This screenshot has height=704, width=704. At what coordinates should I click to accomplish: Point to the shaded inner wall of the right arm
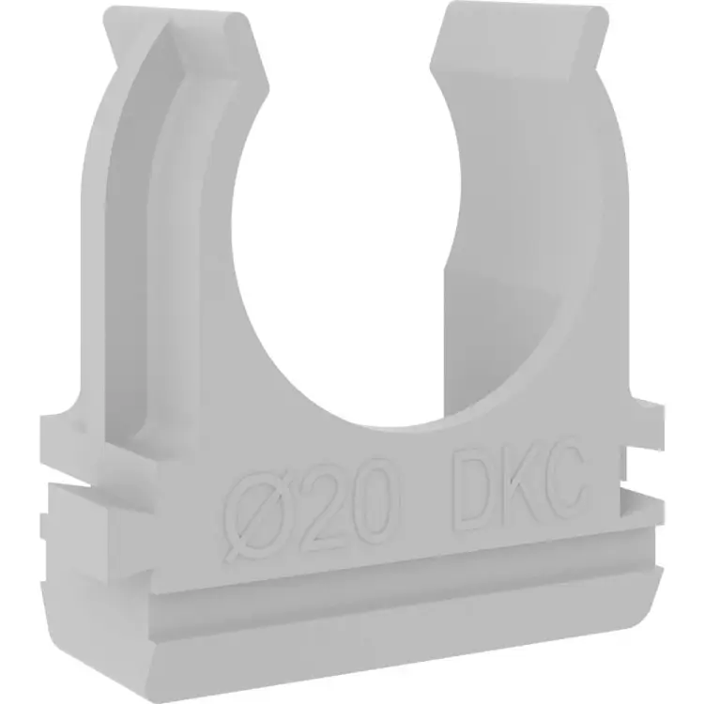[x=497, y=282]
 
